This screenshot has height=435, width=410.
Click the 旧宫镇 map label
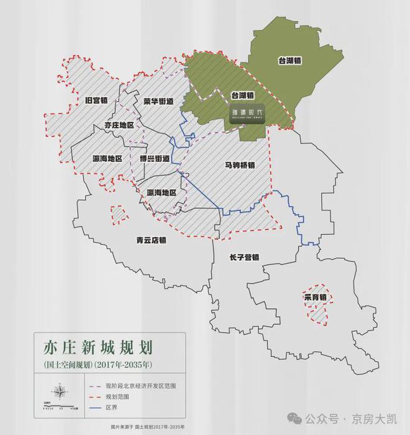[96, 99]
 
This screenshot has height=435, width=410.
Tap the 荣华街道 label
[158, 100]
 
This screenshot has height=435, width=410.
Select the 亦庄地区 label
[119, 125]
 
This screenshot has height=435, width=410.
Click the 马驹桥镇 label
[240, 165]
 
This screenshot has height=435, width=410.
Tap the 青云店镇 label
[152, 239]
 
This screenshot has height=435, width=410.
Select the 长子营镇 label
[244, 256]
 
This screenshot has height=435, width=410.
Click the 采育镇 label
[315, 297]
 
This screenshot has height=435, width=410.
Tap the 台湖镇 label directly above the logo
[242, 95]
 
